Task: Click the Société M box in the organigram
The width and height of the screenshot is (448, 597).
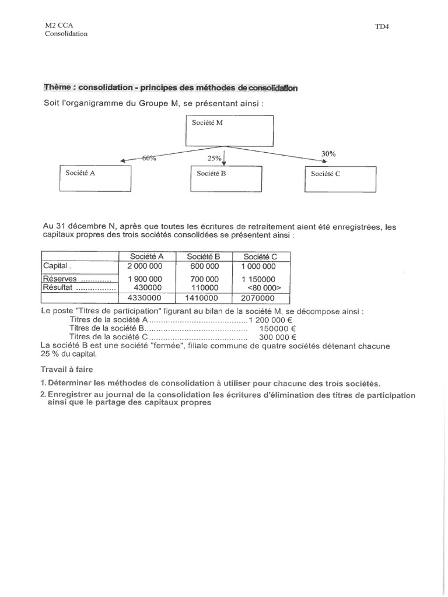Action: (x=229, y=131)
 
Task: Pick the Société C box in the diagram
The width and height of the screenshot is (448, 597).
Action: (x=340, y=177)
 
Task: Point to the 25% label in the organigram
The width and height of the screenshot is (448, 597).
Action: (x=214, y=158)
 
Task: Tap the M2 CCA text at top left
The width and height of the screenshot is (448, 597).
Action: (x=59, y=26)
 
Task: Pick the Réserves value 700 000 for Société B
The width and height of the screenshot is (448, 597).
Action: (x=204, y=279)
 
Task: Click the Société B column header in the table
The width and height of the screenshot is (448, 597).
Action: (x=204, y=257)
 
